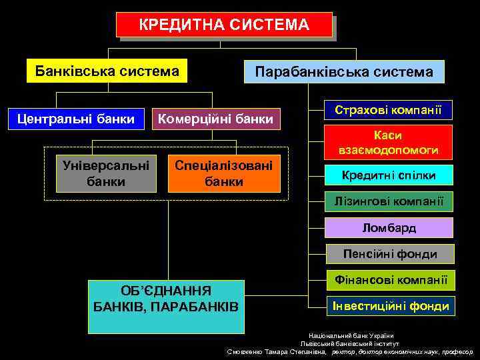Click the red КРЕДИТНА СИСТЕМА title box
coord(224,25)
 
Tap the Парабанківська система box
coord(344,71)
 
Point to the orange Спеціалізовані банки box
coord(224,173)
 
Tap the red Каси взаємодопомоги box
coord(388,142)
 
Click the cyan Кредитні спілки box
coord(389,175)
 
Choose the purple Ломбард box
coord(389,228)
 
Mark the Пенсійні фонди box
coord(389,254)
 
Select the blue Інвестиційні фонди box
coord(391,306)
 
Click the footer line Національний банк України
coord(351,335)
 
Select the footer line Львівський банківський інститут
coord(350,343)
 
